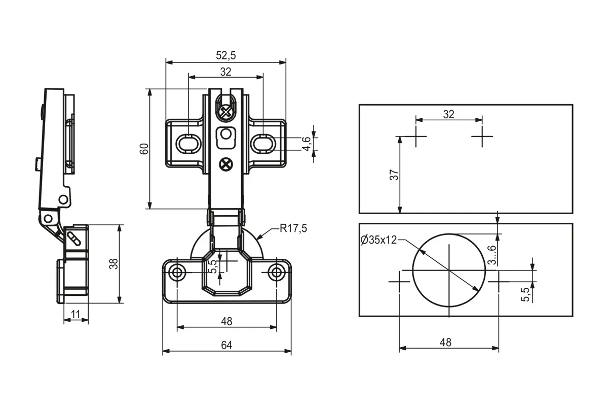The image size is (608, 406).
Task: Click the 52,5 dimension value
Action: [226, 55]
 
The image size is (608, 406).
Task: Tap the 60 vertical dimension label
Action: [144, 149]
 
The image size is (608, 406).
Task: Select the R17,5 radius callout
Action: [293, 228]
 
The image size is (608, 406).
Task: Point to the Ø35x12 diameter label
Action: [378, 240]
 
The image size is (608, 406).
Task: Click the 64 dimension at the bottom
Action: [226, 345]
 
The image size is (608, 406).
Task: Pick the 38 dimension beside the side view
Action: [113, 264]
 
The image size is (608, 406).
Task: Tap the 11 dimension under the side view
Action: [75, 314]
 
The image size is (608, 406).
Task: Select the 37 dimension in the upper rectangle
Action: [394, 175]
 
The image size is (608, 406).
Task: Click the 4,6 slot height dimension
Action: [307, 144]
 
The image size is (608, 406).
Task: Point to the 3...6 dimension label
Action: [491, 255]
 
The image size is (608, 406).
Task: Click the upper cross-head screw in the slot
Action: [225, 112]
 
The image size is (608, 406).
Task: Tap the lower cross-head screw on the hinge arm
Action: [226, 164]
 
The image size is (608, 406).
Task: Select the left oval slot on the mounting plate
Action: [188, 143]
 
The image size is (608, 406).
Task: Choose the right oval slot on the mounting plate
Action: [263, 143]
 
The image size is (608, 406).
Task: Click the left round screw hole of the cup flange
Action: [177, 272]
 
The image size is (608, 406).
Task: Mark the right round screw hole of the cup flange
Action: [277, 272]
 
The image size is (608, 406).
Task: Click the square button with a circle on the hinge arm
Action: [226, 138]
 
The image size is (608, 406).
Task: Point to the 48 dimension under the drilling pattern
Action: [446, 343]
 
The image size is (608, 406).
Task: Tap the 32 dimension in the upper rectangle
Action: [449, 114]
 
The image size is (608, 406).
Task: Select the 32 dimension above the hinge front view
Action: [226, 72]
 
